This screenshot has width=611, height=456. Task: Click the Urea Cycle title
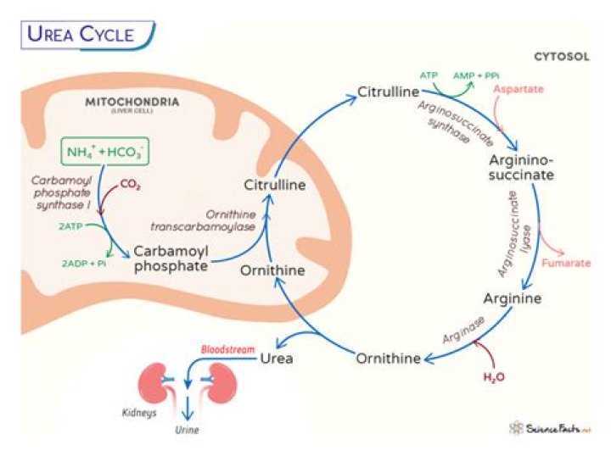point(81,34)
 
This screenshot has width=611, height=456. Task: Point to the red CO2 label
point(130,183)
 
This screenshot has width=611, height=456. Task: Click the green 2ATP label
point(71,227)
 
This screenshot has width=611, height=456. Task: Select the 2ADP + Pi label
point(83,264)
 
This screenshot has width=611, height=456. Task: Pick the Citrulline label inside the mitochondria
point(274,184)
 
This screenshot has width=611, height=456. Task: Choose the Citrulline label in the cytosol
point(389,91)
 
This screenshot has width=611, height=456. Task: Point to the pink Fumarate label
point(567,263)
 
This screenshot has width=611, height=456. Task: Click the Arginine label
point(512,298)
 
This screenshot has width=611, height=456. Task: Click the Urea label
point(276,358)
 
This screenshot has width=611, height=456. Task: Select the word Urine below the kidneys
point(188,430)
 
